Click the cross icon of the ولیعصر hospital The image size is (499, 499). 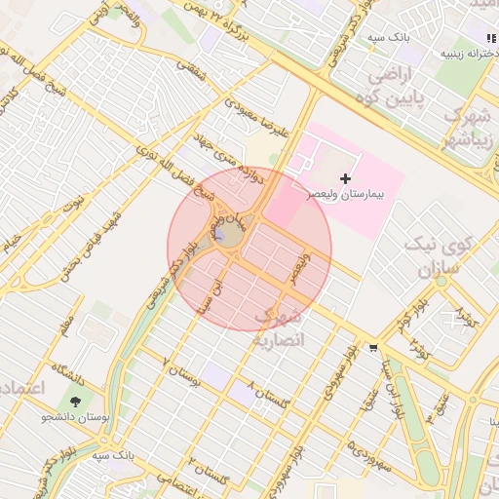click(x=346, y=178)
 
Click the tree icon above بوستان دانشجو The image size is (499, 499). click(x=75, y=401)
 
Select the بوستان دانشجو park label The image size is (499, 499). click(x=74, y=418)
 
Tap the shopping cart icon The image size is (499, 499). click(x=373, y=347)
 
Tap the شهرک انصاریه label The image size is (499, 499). click(x=280, y=329)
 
